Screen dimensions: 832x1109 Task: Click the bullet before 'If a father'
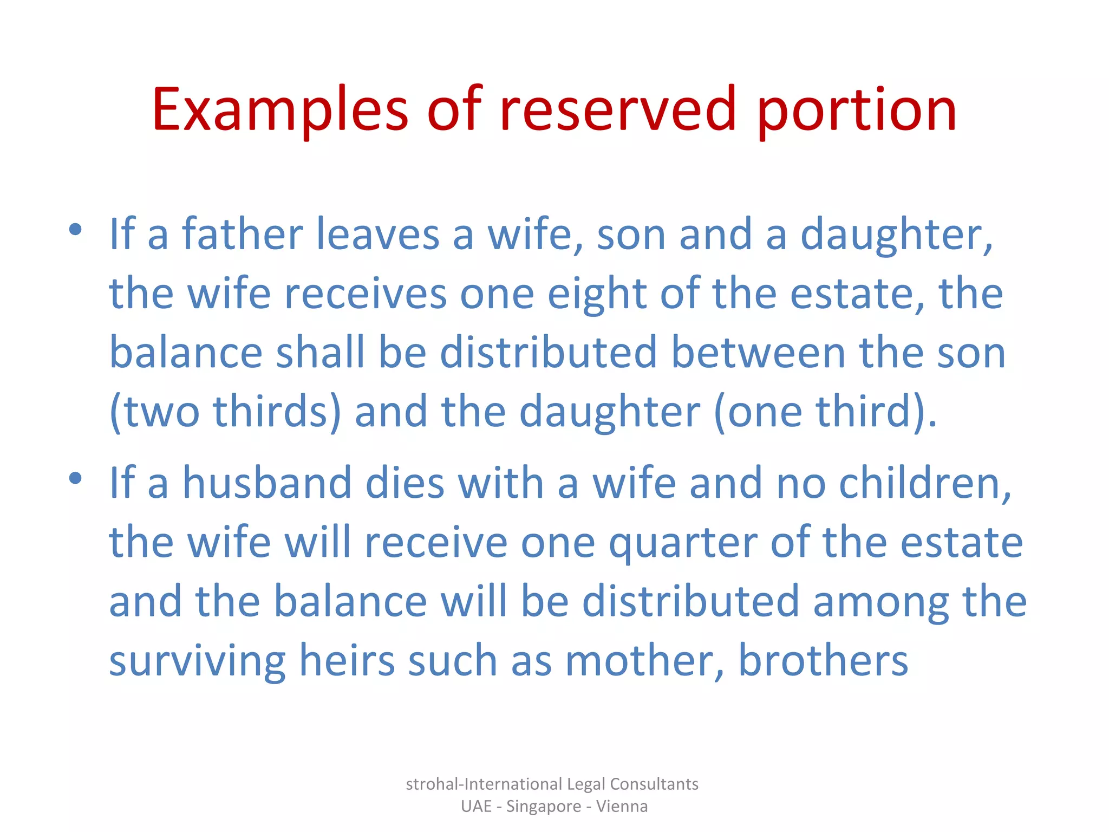tap(75, 230)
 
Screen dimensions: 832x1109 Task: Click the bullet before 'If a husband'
tap(75, 478)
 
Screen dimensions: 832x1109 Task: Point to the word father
tap(242, 234)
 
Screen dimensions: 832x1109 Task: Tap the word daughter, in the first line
tap(896, 235)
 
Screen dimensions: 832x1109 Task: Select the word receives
tap(366, 294)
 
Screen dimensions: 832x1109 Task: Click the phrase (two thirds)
tap(225, 412)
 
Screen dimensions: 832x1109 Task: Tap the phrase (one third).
tap(825, 412)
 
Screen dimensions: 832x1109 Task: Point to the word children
tap(925, 483)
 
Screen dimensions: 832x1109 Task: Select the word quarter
tap(683, 543)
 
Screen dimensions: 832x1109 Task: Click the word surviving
tap(197, 662)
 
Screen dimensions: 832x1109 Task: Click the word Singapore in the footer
tap(543, 807)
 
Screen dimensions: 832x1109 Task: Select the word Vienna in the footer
tap(622, 806)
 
